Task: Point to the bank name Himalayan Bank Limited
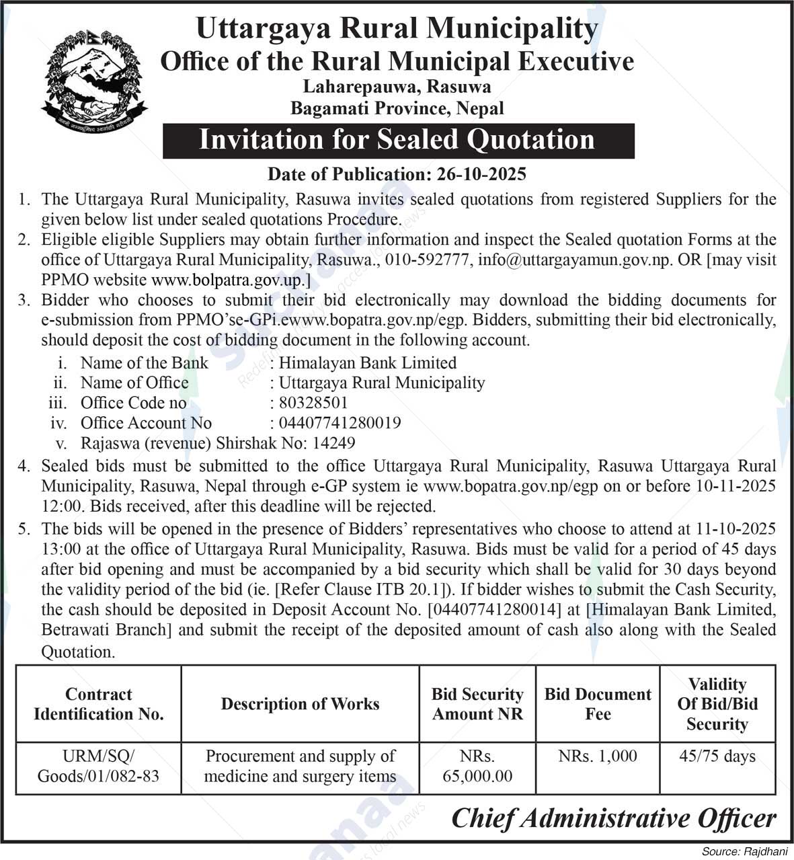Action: (368, 363)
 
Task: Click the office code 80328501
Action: (313, 403)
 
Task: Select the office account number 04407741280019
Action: (340, 423)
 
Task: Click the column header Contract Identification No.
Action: (99, 704)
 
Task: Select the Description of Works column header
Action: (300, 704)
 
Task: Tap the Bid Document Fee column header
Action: (598, 704)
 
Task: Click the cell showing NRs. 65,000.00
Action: (477, 767)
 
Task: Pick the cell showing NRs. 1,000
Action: (598, 756)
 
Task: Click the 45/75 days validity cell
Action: (717, 756)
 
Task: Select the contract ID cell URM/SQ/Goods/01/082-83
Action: (99, 767)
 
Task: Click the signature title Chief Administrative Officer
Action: (614, 818)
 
